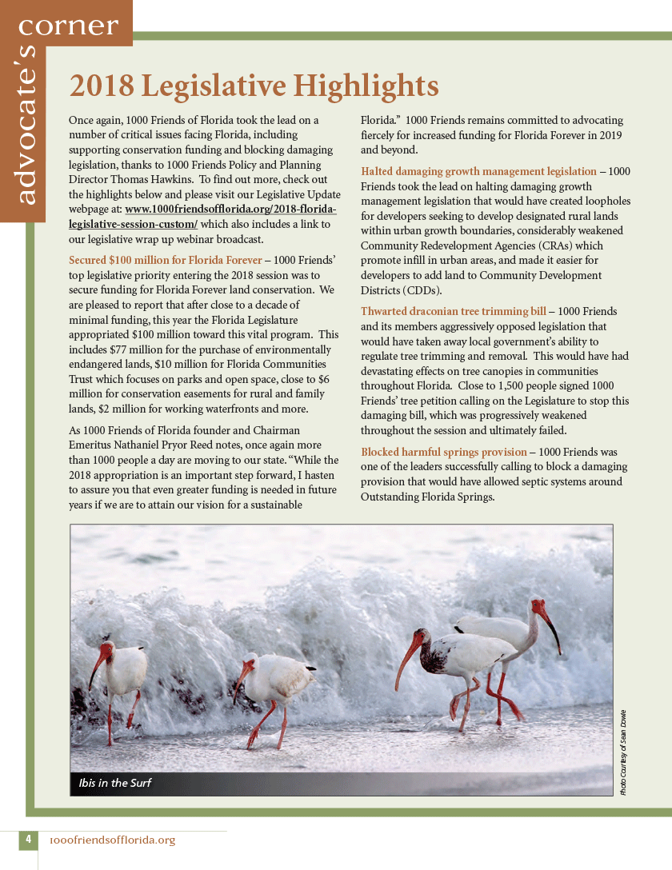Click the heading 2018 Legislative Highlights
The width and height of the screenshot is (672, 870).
[x=254, y=86]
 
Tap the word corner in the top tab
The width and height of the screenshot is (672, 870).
[x=68, y=26]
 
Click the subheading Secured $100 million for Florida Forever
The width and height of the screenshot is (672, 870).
[x=166, y=260]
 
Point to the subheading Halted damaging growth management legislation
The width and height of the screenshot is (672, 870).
[x=478, y=171]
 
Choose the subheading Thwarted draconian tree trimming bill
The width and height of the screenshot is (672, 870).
[x=454, y=310]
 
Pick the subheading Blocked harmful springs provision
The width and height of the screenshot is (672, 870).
[x=444, y=452]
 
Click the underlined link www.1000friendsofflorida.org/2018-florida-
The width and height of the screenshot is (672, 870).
[x=231, y=210]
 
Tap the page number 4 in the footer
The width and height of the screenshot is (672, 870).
[x=28, y=840]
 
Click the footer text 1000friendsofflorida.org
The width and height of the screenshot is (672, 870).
[x=112, y=840]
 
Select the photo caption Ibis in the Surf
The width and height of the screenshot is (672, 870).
[x=115, y=782]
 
